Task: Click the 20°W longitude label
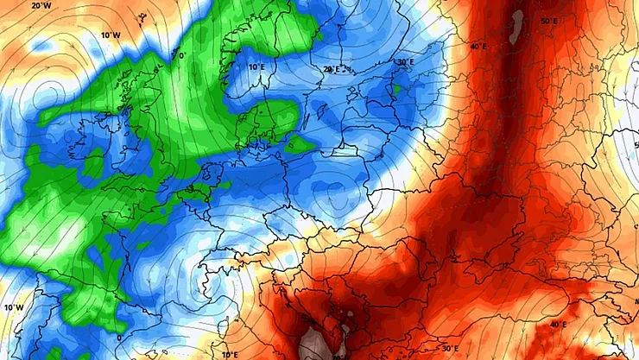click(40, 5)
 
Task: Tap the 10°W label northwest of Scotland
click(109, 35)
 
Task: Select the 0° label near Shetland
click(180, 55)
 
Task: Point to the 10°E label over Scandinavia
click(256, 66)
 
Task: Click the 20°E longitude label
click(332, 69)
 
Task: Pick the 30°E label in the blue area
click(405, 62)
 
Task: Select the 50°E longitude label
click(547, 21)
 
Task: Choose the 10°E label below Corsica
click(228, 354)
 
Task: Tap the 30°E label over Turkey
click(450, 349)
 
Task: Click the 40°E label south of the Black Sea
click(560, 324)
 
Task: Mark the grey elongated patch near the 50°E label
click(518, 26)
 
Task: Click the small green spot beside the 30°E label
click(398, 84)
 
